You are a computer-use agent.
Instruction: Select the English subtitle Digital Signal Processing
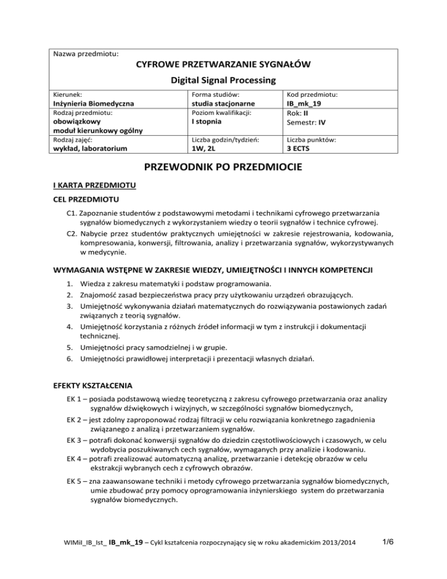point(223,79)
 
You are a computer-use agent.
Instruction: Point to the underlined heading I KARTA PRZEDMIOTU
point(94,186)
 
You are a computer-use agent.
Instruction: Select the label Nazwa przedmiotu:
point(86,54)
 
